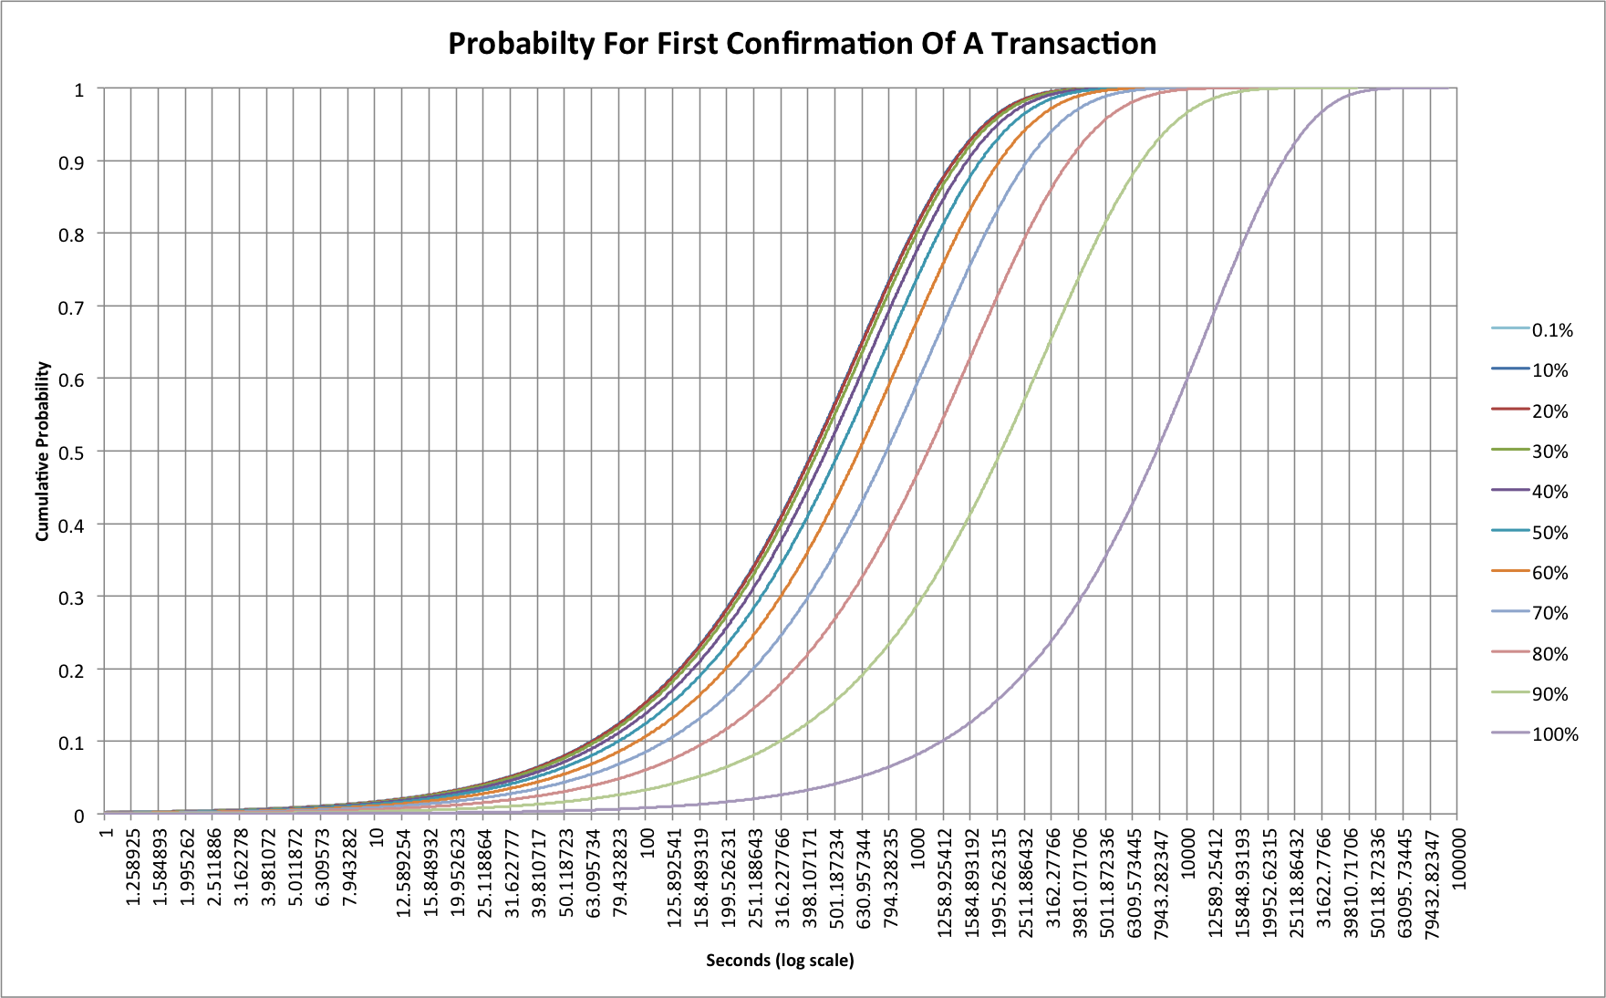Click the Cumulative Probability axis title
click(43, 452)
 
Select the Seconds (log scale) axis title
click(780, 960)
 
